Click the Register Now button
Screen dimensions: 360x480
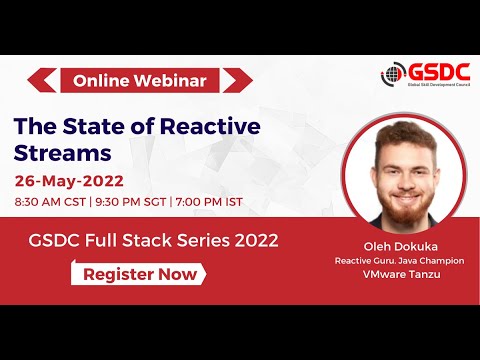click(138, 273)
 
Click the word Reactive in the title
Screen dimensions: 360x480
click(183, 126)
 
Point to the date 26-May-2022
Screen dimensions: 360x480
click(69, 181)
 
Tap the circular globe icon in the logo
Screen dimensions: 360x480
click(393, 74)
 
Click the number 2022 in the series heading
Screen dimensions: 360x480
click(252, 240)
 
